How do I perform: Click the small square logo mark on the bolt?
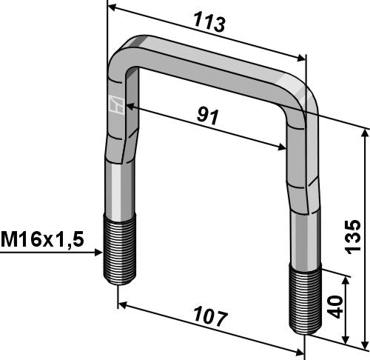tap(114, 106)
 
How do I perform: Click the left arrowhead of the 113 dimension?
tap(112, 7)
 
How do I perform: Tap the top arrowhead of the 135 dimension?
tap(364, 132)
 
